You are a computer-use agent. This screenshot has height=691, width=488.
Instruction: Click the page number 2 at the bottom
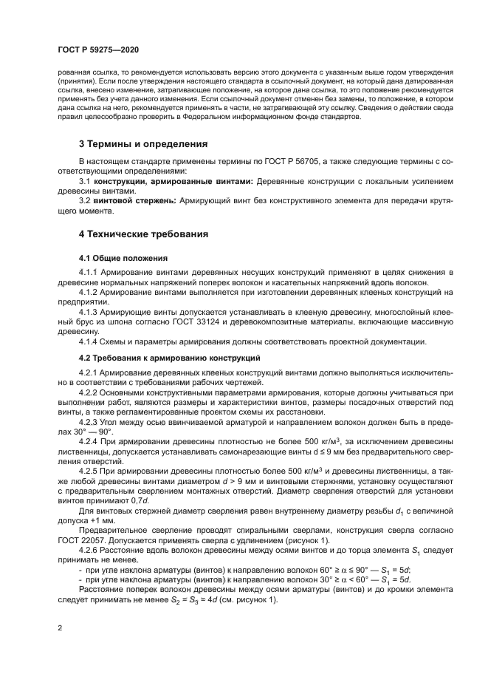click(x=58, y=628)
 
